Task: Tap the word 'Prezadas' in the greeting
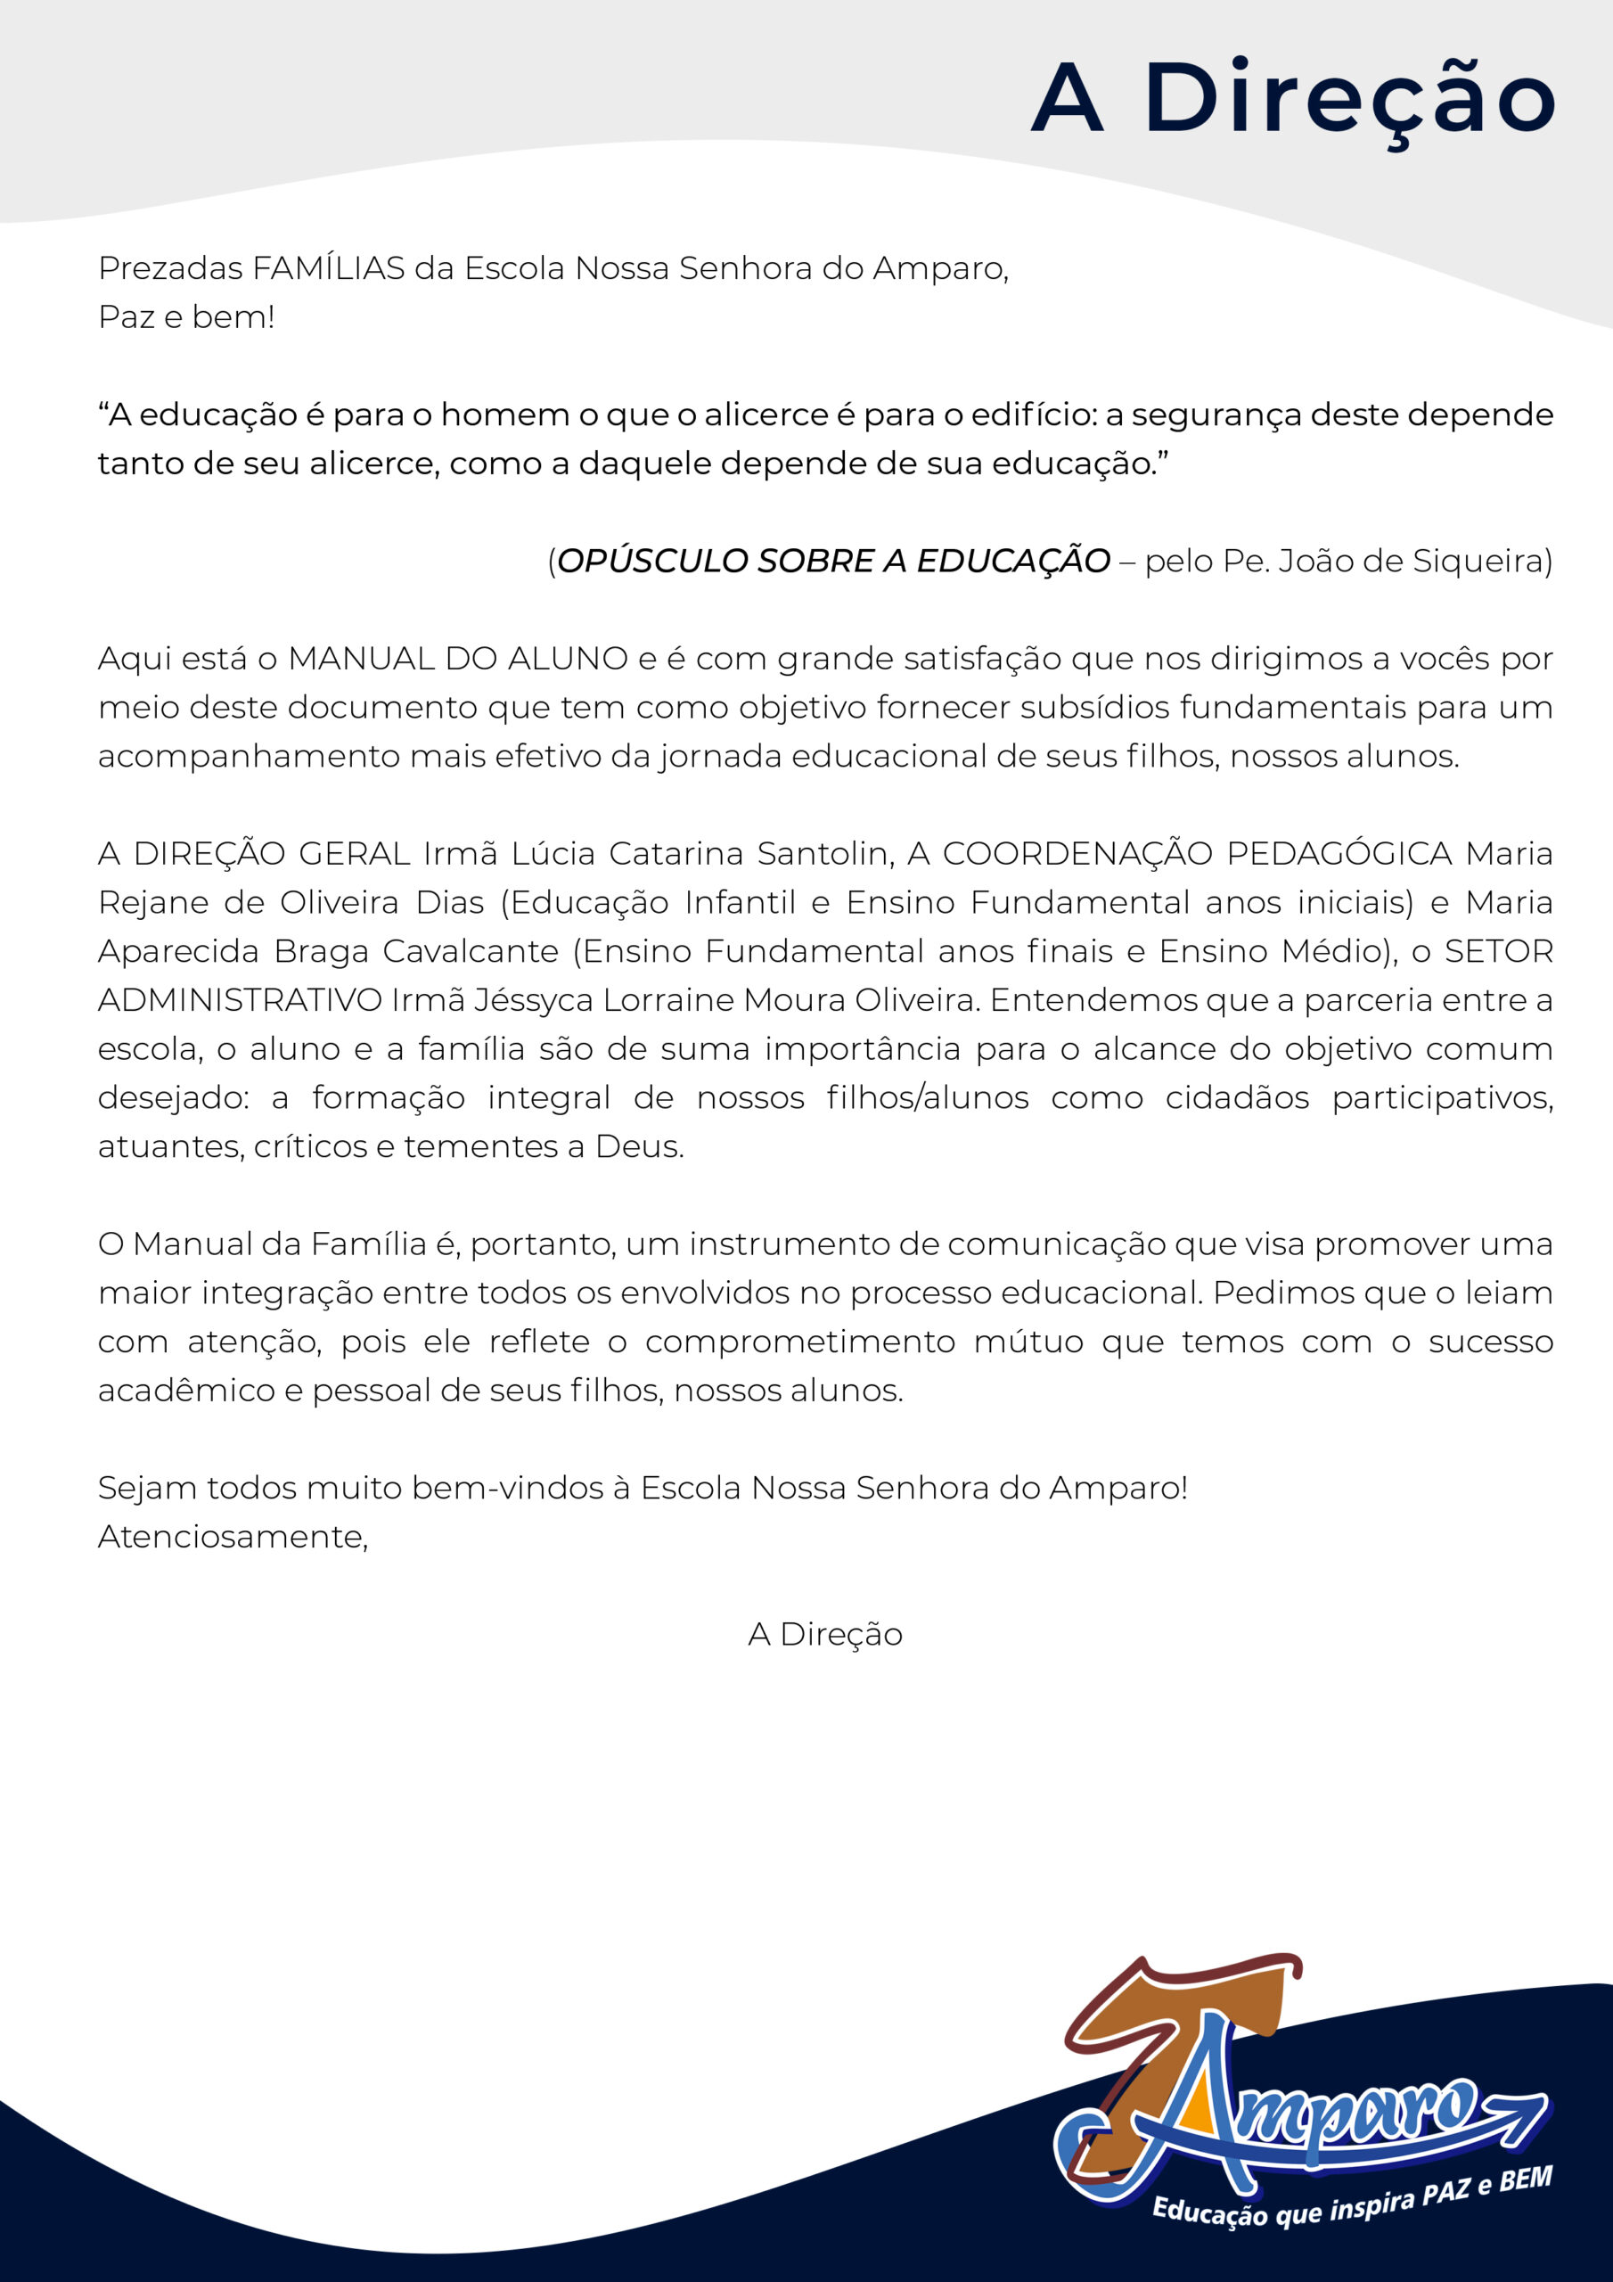(x=170, y=268)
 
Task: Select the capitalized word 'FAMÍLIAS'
(x=328, y=268)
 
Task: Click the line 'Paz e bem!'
(x=186, y=317)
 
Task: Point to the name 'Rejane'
(x=153, y=902)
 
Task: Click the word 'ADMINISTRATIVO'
(x=240, y=1000)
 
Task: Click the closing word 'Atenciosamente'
(x=232, y=1537)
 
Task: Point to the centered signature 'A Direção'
(x=825, y=1634)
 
